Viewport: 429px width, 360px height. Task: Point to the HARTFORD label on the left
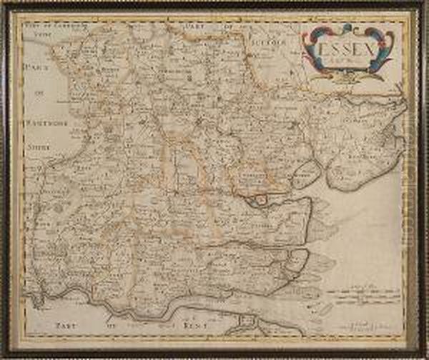(x=47, y=129)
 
